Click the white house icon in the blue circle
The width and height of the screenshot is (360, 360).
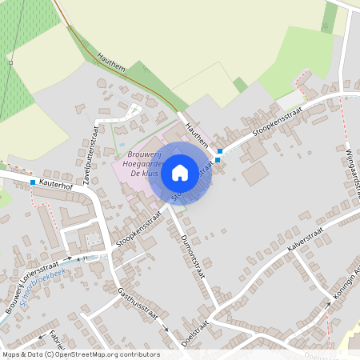(180, 172)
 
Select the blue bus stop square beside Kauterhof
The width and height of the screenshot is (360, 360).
(33, 183)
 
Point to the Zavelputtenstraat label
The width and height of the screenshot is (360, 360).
(96, 154)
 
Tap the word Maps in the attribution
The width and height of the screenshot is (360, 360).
(10, 354)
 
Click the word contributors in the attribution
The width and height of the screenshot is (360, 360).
(140, 354)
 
